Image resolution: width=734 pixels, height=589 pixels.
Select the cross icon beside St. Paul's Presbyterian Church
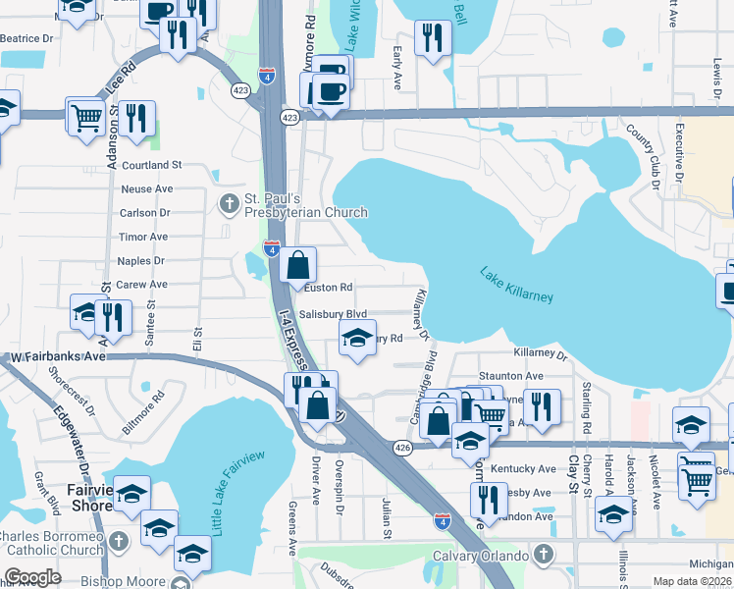pos(228,204)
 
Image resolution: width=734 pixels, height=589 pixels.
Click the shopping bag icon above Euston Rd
pos(297,264)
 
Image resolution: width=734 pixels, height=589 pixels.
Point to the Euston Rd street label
pos(328,288)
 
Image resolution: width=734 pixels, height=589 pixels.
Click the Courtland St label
pos(152,165)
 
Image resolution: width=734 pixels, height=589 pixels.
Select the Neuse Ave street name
pos(146,188)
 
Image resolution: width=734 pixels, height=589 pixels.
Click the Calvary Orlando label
pos(474,556)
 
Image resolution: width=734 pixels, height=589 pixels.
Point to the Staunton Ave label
pos(510,376)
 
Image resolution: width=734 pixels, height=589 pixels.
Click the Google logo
pos(32,577)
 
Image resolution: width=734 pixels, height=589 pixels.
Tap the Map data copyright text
pos(693,581)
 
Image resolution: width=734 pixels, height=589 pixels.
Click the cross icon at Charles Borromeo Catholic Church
pos(117,542)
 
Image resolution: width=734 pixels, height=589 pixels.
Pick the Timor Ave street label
pos(143,237)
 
